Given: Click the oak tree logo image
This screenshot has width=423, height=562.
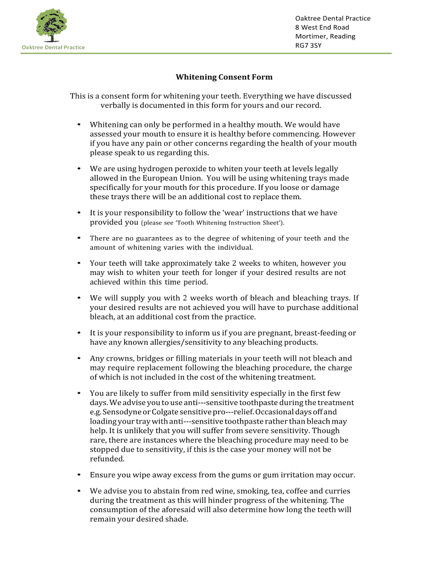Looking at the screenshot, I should (x=52, y=25).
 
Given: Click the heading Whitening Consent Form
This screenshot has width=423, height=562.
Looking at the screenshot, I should (x=224, y=77).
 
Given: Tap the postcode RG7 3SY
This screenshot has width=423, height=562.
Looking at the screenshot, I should (x=308, y=46).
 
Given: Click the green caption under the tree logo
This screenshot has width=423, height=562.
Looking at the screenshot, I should (x=53, y=47).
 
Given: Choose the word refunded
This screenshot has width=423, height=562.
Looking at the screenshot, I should (x=107, y=459).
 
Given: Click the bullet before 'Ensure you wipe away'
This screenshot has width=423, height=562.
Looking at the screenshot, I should (x=80, y=475).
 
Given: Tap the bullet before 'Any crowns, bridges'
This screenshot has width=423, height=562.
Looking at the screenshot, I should (x=80, y=358).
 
